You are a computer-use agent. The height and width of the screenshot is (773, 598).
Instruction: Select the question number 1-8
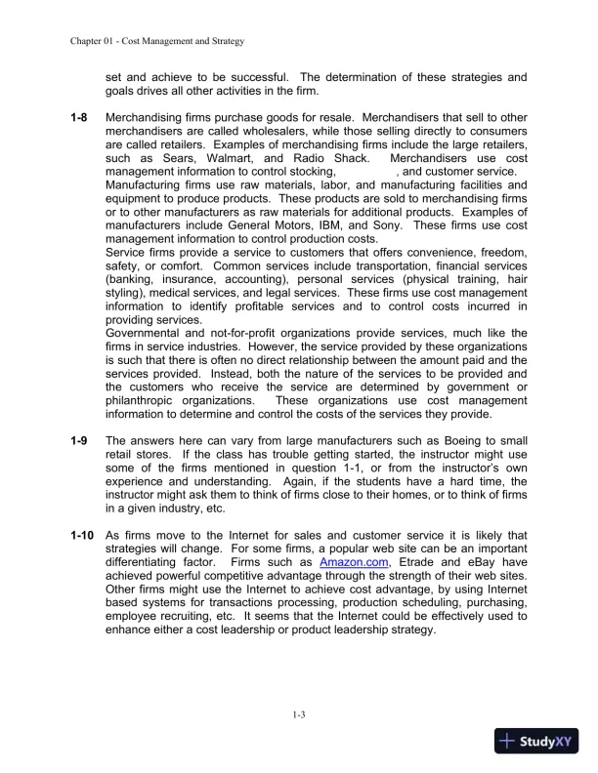click(x=80, y=117)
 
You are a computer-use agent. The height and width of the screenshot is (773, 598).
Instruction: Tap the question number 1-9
click(x=80, y=441)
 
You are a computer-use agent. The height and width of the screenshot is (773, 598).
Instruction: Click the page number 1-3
click(x=299, y=717)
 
